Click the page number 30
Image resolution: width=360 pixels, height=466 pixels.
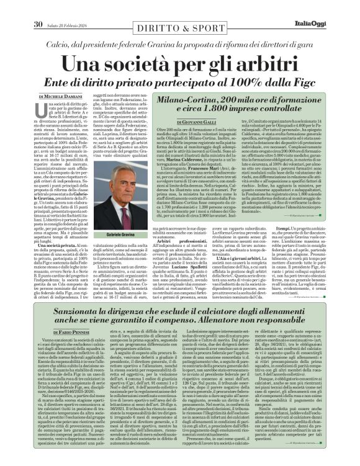tap(37, 7)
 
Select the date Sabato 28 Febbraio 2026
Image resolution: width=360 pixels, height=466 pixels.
tap(70, 7)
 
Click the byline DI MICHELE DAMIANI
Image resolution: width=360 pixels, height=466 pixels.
tap(60, 97)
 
